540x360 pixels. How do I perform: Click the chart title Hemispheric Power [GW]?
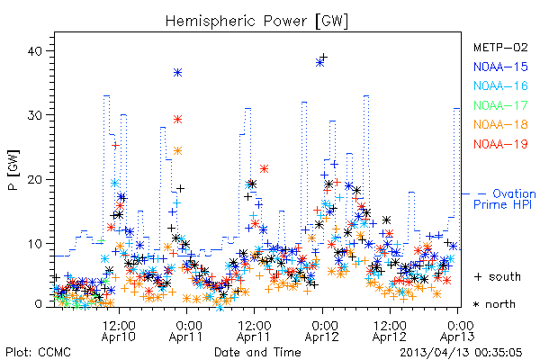tap(256, 21)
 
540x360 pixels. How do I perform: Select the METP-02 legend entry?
tap(500, 47)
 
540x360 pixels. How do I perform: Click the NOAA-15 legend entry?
tap(500, 67)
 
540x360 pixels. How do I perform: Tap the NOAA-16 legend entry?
tap(500, 85)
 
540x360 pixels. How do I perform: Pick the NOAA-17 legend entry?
tap(500, 105)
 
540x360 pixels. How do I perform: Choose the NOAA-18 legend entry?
tap(500, 124)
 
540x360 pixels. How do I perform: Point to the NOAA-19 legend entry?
tap(500, 144)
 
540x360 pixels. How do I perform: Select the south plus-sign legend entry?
tap(498, 276)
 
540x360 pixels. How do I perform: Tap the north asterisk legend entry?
tap(494, 304)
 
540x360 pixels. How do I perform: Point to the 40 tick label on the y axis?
tap(34, 51)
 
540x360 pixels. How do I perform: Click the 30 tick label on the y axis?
tap(34, 115)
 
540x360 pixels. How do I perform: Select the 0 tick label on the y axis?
tap(38, 304)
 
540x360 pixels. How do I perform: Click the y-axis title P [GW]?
tap(13, 170)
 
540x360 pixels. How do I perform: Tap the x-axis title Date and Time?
tap(257, 353)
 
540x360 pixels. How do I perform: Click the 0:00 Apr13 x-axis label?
tap(457, 331)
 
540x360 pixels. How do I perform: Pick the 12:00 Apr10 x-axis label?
tap(119, 331)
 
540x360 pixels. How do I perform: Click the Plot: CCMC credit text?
tap(38, 353)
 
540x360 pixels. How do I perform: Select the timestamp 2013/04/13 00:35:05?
tap(461, 353)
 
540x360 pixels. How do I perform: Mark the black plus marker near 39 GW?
tap(323, 57)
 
